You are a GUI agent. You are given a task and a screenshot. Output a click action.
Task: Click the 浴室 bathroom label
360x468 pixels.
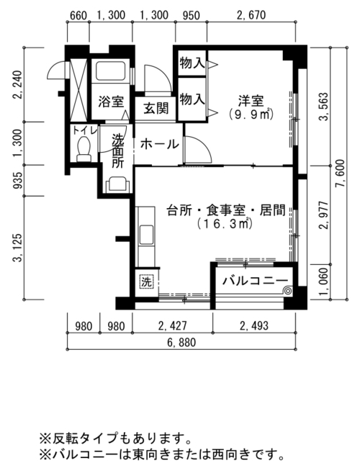pyautogui.click(x=111, y=102)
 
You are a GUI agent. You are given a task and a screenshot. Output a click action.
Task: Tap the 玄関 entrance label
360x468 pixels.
pyautogui.click(x=156, y=108)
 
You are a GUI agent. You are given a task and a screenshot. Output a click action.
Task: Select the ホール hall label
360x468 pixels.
pyautogui.click(x=159, y=145)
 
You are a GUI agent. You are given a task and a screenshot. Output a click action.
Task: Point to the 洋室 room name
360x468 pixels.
pyautogui.click(x=251, y=101)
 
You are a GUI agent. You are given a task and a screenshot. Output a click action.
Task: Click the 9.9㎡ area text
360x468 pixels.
pyautogui.click(x=251, y=114)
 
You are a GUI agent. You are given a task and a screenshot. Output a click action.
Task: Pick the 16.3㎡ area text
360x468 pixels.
pyautogui.click(x=225, y=223)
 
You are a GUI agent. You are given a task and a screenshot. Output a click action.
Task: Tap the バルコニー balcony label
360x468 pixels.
pyautogui.click(x=256, y=281)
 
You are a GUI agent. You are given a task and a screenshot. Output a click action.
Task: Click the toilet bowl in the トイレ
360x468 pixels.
pyautogui.click(x=84, y=149)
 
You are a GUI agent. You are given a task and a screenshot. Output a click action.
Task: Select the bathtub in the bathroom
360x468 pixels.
pyautogui.click(x=110, y=71)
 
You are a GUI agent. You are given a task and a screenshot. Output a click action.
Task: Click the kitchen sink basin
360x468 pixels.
pyautogui.click(x=146, y=235)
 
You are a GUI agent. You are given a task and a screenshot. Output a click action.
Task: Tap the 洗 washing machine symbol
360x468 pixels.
pyautogui.click(x=146, y=282)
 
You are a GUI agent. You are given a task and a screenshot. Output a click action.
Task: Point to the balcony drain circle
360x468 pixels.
pyautogui.click(x=288, y=290)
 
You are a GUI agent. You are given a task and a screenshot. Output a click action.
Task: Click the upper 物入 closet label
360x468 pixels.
pyautogui.click(x=192, y=63)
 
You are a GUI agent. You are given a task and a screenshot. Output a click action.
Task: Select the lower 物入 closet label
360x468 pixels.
pyautogui.click(x=192, y=99)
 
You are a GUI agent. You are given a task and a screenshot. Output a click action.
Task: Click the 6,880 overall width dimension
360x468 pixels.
pyautogui.click(x=181, y=342)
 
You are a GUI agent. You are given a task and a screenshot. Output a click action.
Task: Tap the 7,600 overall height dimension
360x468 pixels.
pyautogui.click(x=340, y=174)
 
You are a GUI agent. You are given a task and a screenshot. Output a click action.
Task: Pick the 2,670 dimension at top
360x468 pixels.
pyautogui.click(x=251, y=15)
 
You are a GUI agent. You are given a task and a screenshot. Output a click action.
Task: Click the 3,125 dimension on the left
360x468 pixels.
pyautogui.click(x=17, y=248)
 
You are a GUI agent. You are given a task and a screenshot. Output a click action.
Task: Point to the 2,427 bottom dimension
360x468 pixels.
pyautogui.click(x=173, y=325)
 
